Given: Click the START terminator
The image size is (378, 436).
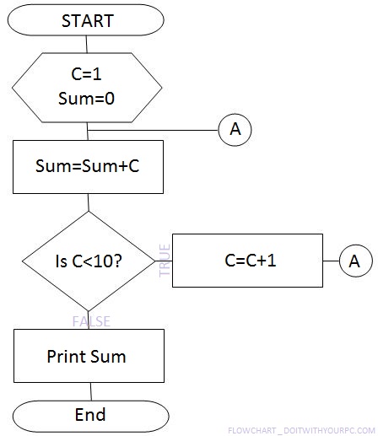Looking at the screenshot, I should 88,21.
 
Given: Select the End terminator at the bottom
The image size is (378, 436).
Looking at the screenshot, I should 89,414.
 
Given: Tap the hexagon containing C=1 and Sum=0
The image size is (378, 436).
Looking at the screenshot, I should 88,87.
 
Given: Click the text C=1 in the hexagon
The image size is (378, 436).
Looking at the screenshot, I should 88,74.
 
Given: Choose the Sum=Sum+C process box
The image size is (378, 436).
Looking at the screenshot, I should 88,167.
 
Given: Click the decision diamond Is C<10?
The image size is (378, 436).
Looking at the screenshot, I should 88,261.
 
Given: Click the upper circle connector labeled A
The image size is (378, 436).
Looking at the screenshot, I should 235,129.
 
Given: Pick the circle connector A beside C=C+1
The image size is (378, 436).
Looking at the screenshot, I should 355,261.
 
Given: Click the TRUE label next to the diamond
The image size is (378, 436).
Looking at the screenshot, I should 165,261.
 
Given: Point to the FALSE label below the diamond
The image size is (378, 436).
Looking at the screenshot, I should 91,321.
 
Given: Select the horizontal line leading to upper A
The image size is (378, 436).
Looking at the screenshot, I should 152,129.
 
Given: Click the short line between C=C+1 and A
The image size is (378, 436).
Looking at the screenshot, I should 331,261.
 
